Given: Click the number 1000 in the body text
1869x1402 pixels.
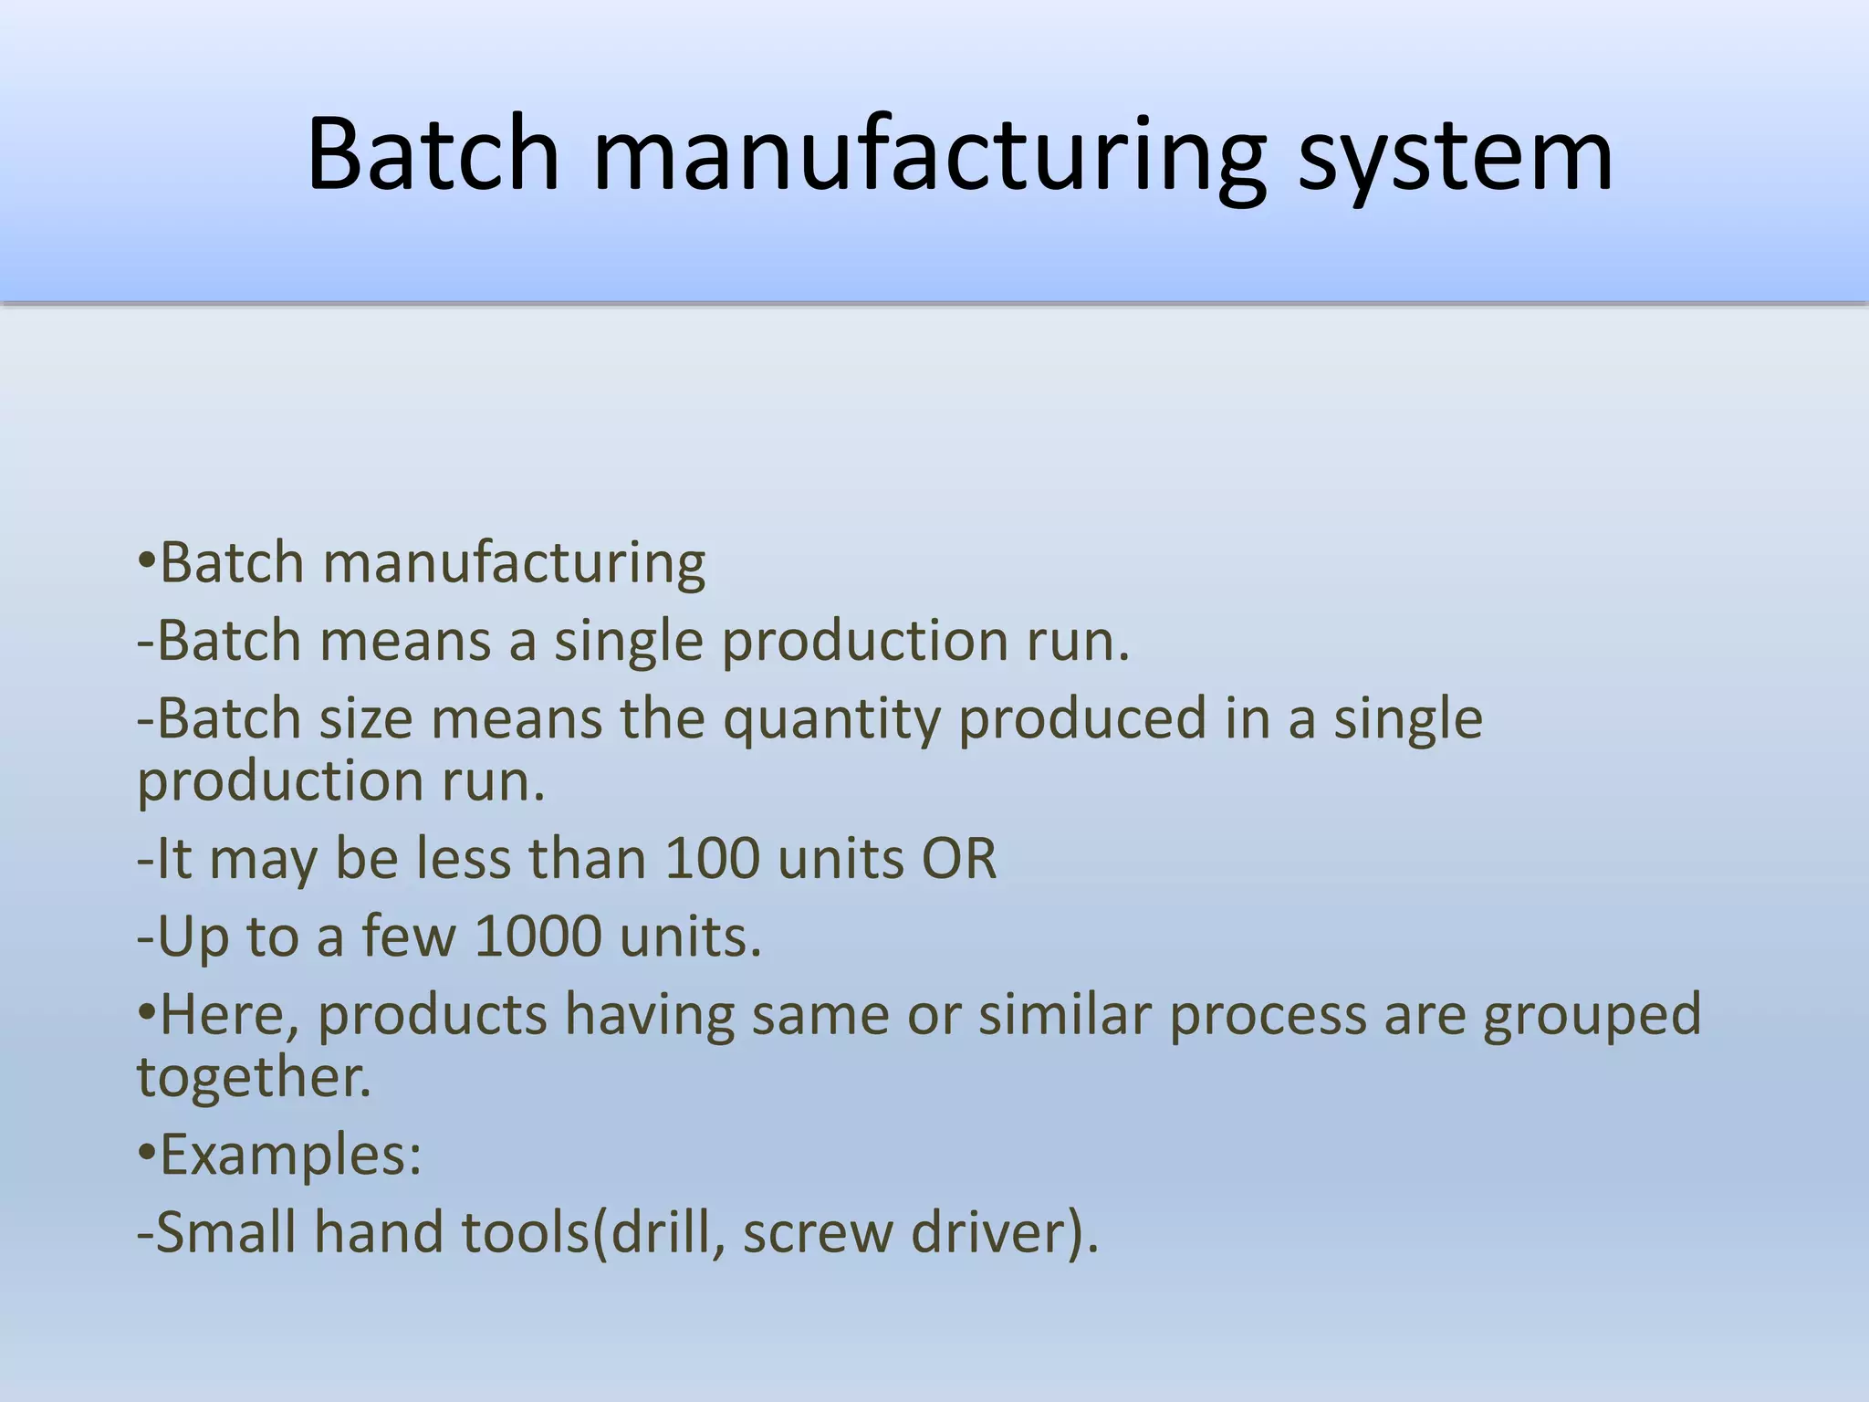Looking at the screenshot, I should [x=538, y=936].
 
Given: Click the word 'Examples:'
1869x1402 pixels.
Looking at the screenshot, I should [x=290, y=1155].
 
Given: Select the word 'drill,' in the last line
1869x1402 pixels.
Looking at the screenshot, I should [x=667, y=1232].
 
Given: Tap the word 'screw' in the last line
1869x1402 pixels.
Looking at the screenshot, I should [x=818, y=1232].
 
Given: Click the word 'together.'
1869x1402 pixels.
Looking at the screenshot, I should [x=255, y=1077].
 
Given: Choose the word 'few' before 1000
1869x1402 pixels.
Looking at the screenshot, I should [x=409, y=936].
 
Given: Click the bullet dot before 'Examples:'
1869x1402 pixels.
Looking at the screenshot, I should [x=146, y=1152].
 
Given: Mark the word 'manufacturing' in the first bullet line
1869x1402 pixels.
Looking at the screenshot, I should [x=514, y=563].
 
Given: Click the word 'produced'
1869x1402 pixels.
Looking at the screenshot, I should [x=1082, y=719].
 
